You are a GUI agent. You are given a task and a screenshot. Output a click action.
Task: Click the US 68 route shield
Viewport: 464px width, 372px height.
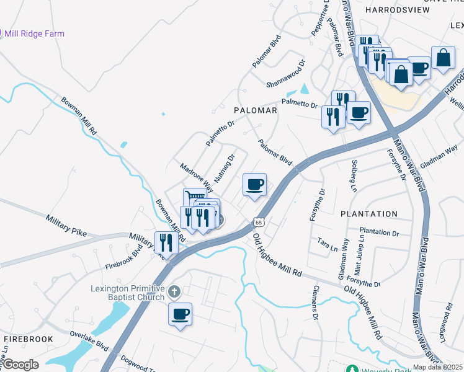pyautogui.click(x=259, y=222)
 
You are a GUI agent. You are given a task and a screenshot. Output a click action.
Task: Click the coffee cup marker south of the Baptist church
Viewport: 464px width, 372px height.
pyautogui.click(x=180, y=314)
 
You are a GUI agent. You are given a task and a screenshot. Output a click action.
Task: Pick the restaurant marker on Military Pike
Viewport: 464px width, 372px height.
pyautogui.click(x=166, y=242)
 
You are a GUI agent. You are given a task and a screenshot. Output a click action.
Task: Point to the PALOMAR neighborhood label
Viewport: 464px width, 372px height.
pyautogui.click(x=255, y=110)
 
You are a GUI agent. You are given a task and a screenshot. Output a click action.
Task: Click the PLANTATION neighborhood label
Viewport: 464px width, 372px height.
pyautogui.click(x=369, y=214)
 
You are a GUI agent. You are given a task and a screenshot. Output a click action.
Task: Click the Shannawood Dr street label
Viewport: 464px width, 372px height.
pyautogui.click(x=286, y=73)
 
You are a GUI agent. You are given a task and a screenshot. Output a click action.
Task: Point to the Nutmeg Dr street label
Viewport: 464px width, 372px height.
pyautogui.click(x=225, y=166)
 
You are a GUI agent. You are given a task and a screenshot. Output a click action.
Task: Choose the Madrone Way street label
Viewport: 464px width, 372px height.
pyautogui.click(x=197, y=177)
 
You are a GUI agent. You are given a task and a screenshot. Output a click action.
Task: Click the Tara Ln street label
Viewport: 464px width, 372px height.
pyautogui.click(x=326, y=241)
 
